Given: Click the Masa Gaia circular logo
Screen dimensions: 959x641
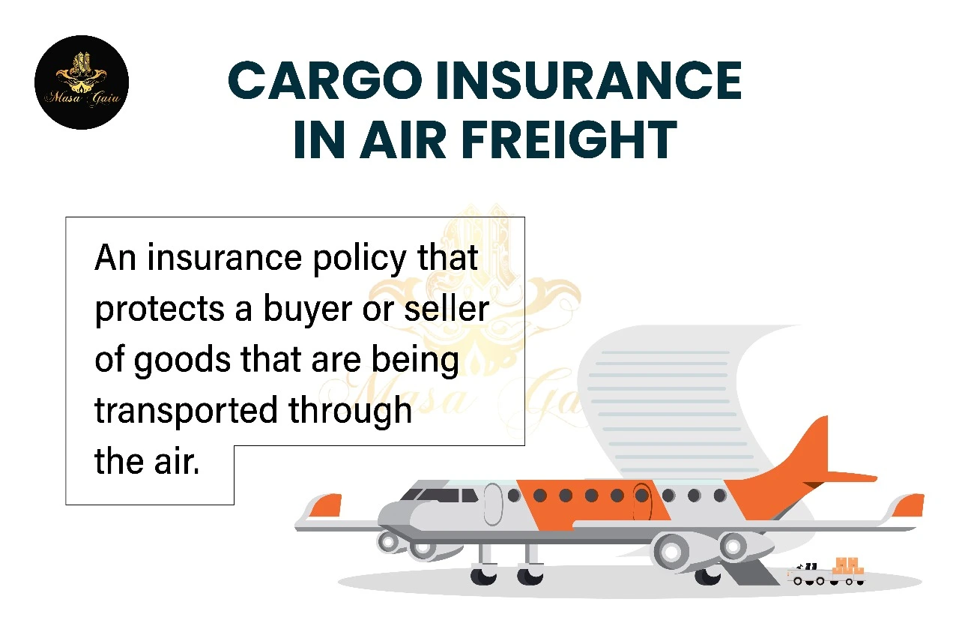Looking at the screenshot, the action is click(x=82, y=82).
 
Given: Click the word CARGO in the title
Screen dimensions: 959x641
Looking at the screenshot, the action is click(x=325, y=80).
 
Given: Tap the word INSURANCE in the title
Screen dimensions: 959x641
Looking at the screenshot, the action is click(x=589, y=80).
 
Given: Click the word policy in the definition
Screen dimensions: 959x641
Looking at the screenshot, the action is click(x=360, y=259).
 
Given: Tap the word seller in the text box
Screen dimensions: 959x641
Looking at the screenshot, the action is click(x=447, y=307).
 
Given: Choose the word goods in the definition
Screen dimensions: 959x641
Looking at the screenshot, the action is click(x=183, y=361).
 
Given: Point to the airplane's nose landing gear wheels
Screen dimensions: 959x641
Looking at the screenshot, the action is click(x=506, y=577).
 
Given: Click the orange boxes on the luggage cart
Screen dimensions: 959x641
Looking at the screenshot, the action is click(x=847, y=566).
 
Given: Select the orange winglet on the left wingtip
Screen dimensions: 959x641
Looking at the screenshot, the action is click(x=326, y=505).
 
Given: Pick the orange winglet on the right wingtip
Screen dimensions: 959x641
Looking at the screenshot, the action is click(x=909, y=505).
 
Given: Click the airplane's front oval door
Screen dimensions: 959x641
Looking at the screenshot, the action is click(x=493, y=504).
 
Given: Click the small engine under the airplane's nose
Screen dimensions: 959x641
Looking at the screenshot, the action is click(x=407, y=545).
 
